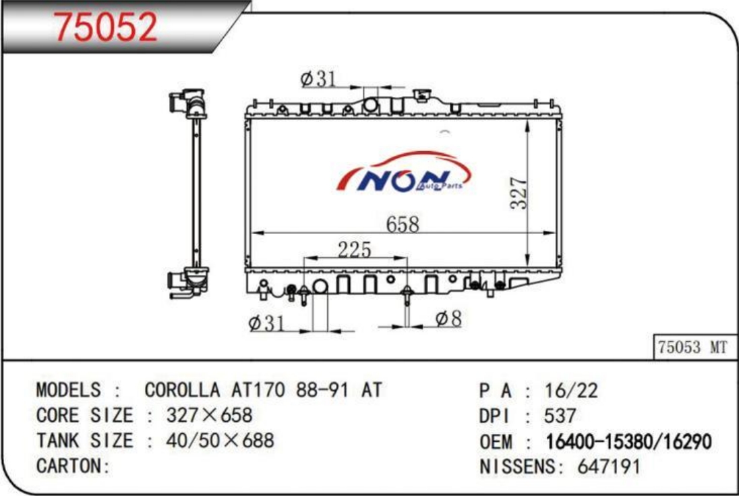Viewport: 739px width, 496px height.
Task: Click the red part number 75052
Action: [x=105, y=27]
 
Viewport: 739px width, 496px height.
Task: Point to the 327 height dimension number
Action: [x=519, y=192]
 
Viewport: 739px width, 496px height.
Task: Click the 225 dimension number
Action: [x=355, y=250]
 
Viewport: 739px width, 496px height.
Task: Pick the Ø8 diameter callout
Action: [x=448, y=319]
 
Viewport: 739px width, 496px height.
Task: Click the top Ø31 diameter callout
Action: [x=318, y=79]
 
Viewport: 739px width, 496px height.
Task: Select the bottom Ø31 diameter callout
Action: [x=266, y=323]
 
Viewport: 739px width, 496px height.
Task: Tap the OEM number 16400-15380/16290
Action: [x=628, y=442]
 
